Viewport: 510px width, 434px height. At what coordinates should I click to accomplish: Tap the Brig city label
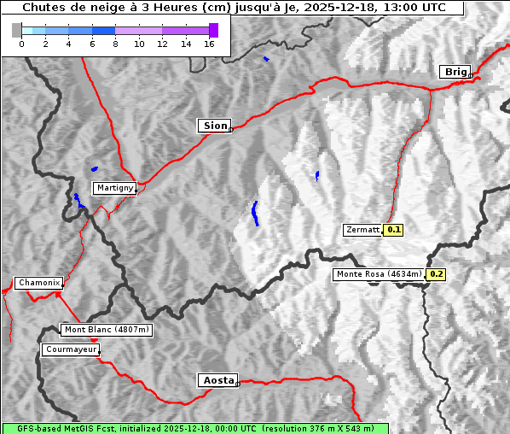(455, 72)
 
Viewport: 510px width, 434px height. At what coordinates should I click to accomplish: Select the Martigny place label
(113, 188)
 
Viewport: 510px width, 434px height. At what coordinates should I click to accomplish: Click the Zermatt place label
(362, 230)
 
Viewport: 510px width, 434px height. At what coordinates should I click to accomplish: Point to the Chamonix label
(38, 283)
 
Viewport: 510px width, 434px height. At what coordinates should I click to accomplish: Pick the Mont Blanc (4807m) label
(107, 330)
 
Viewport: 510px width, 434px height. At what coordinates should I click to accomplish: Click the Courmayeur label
(71, 349)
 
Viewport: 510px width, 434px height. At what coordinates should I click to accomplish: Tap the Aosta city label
(217, 380)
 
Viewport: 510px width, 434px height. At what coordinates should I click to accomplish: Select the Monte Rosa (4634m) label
(379, 274)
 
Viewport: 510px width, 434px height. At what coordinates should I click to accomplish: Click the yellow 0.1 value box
(393, 230)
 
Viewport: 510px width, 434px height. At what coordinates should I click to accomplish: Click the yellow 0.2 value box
(436, 274)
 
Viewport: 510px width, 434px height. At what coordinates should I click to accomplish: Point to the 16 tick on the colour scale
(208, 44)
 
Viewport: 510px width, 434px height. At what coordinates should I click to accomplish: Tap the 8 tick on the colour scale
(115, 44)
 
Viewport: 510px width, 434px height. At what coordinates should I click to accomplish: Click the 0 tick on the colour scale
(21, 44)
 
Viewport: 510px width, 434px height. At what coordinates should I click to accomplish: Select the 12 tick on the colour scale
(162, 44)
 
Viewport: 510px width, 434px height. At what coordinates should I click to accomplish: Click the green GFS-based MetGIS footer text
(195, 428)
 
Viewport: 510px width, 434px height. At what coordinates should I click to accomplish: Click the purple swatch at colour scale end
(213, 30)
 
